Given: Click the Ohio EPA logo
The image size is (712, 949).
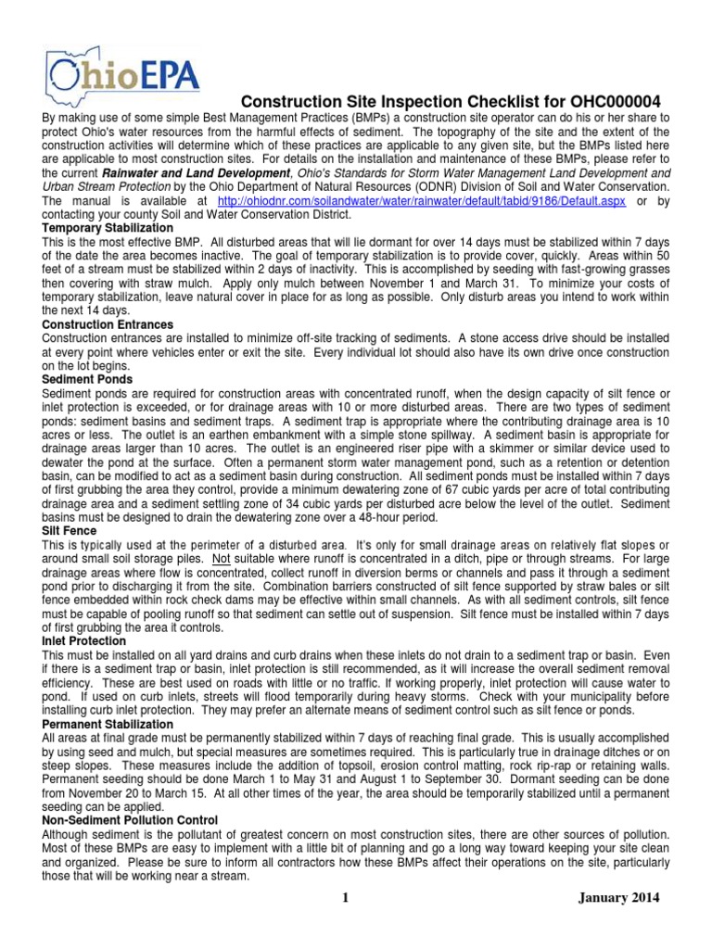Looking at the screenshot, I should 121,73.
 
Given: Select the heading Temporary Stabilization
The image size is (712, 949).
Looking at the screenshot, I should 108,227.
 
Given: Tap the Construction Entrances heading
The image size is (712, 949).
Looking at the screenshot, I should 108,324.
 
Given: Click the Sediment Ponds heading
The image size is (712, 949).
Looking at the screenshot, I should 87,380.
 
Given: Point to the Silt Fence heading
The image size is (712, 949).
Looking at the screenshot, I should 70,530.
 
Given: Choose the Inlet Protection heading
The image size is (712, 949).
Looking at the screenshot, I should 84,640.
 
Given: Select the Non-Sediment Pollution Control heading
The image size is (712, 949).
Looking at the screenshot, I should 130,821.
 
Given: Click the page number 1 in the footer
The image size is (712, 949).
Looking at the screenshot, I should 343,900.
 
